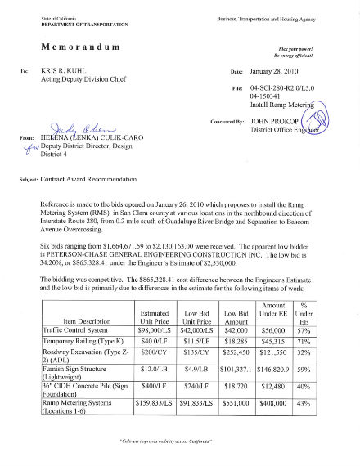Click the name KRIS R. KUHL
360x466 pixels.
[x=84, y=71]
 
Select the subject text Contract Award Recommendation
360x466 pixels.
[x=105, y=177]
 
